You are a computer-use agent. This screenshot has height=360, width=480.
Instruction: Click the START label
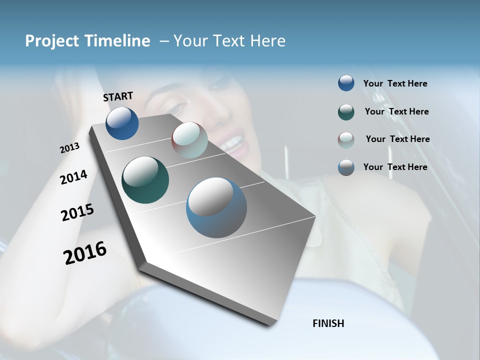(118, 96)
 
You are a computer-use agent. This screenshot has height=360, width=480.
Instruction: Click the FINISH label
(328, 323)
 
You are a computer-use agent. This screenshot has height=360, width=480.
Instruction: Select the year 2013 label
(69, 148)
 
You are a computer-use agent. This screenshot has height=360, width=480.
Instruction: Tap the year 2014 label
(73, 177)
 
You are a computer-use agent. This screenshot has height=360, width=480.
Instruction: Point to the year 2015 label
(77, 212)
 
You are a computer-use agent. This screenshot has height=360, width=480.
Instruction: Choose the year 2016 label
(85, 252)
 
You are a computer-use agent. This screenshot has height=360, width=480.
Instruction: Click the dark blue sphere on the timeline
(122, 123)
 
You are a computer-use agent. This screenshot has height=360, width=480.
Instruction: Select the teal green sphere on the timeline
(145, 180)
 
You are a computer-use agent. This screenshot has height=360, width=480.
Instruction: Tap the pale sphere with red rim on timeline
(189, 140)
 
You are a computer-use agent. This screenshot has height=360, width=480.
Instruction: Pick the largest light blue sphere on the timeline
(216, 207)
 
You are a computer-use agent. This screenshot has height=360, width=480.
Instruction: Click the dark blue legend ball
(346, 83)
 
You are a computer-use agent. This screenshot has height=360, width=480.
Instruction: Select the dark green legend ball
(346, 111)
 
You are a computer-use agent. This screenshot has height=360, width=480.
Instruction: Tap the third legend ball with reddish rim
(346, 139)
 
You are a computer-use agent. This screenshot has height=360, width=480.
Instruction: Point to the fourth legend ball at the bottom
(346, 167)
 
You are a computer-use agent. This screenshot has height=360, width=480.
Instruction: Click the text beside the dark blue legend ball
(395, 83)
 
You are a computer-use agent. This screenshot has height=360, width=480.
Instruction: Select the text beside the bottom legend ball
(395, 167)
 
